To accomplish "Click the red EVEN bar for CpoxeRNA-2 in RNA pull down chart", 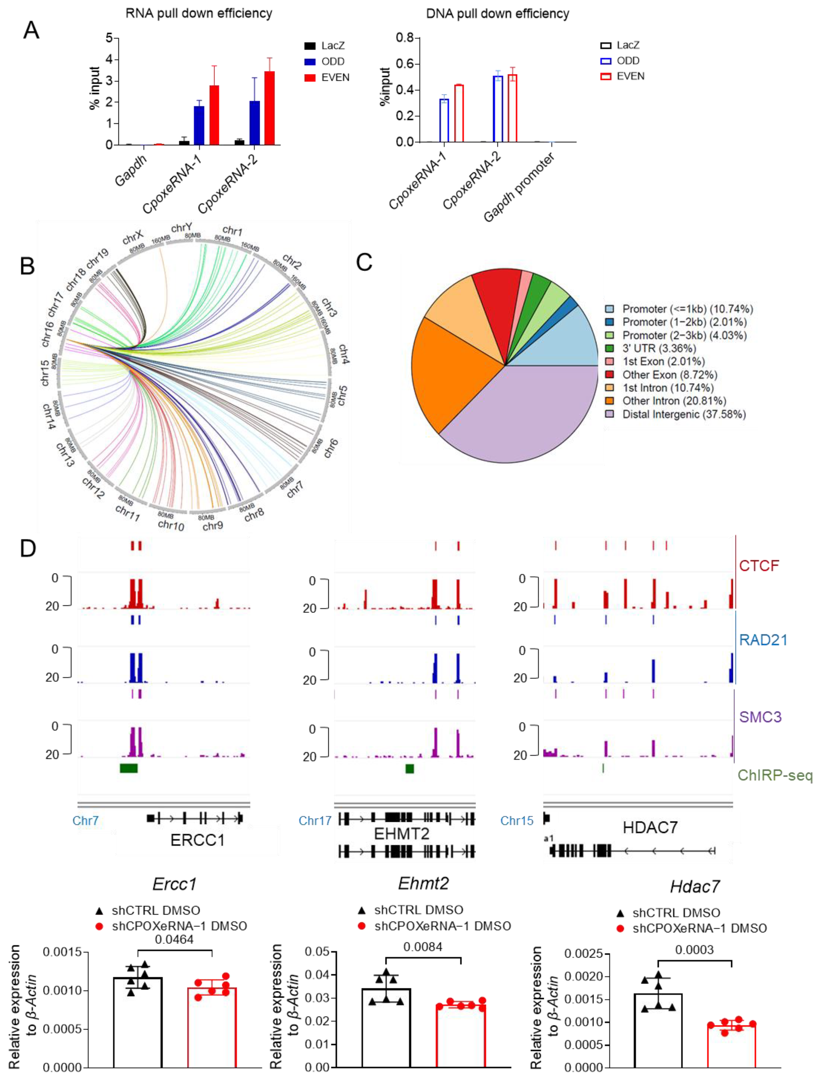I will [269, 108].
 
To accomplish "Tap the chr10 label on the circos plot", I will [171, 525].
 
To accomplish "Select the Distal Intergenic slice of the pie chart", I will [522, 415].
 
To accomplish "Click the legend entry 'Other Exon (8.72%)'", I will [669, 375].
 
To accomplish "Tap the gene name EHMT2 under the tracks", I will [402, 834].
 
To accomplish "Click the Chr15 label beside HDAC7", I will [517, 821].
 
